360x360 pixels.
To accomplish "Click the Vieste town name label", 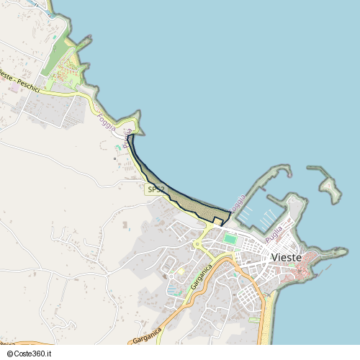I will [290, 257].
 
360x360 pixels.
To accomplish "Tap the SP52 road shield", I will [155, 189].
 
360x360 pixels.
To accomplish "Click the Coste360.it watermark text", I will [32, 354].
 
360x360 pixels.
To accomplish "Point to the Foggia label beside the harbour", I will [237, 204].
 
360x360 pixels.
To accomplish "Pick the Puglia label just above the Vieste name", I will [274, 234].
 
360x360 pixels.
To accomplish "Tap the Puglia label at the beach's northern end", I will [127, 138].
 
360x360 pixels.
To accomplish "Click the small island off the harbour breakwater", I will [330, 189].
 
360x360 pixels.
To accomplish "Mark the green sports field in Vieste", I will [230, 238].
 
